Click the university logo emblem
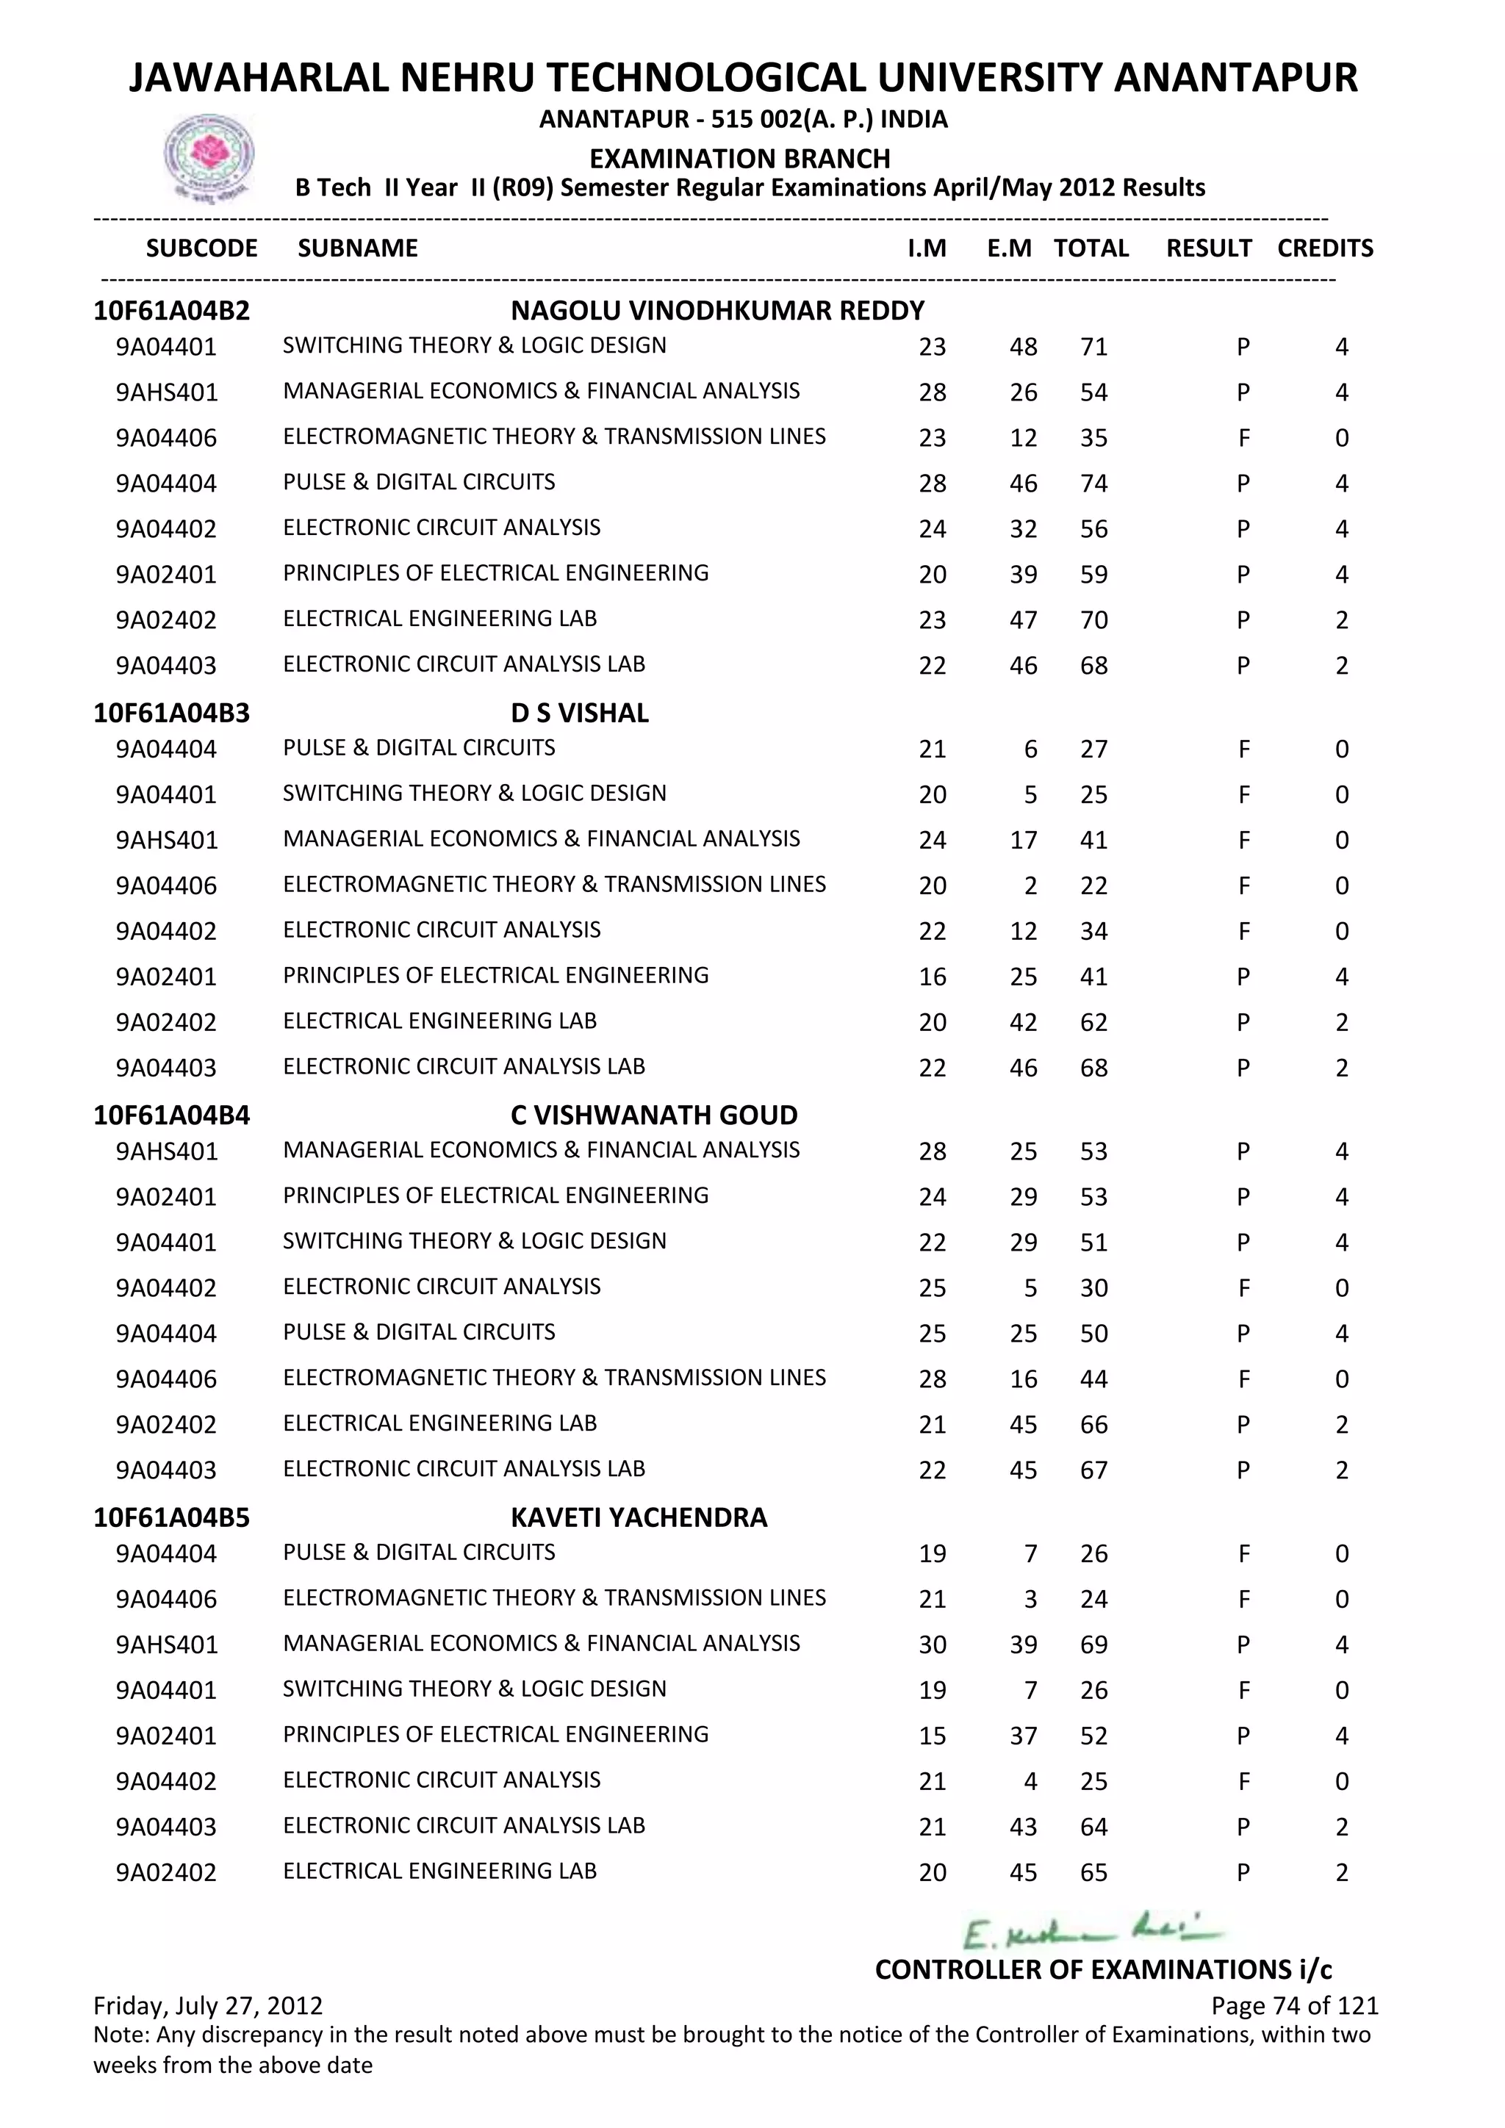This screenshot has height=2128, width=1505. [209, 157]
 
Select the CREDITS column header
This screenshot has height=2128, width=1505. [1324, 248]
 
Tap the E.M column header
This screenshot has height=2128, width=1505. [1009, 248]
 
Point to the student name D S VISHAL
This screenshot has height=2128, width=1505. [579, 713]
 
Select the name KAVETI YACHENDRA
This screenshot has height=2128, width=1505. [639, 1517]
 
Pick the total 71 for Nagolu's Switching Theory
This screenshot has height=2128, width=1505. [1093, 347]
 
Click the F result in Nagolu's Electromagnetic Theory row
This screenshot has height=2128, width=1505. [1243, 437]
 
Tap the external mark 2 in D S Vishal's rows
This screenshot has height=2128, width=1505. [1030, 885]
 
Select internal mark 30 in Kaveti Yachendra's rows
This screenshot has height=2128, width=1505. [933, 1644]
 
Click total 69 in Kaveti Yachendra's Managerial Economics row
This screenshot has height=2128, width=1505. [1093, 1644]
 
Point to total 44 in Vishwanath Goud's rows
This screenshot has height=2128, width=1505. [1093, 1379]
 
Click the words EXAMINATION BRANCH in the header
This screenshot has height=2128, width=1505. [739, 159]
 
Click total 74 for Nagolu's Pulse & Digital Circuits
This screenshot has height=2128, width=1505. [1093, 483]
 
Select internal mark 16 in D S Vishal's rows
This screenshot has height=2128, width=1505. [933, 976]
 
